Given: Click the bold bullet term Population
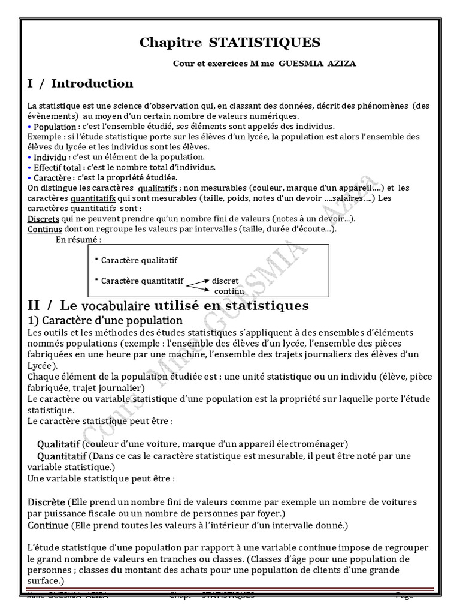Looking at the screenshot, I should click(55, 127).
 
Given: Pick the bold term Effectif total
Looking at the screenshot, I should click(57, 167).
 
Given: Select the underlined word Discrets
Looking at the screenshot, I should click(43, 219).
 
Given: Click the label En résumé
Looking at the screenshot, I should click(78, 240).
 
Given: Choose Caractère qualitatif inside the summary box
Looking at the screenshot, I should click(139, 260).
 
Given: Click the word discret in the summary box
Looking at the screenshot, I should click(225, 281).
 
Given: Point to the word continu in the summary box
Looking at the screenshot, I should click(229, 291).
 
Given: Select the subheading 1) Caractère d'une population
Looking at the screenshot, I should click(105, 320).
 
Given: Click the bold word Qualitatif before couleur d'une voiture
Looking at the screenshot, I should click(58, 444).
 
